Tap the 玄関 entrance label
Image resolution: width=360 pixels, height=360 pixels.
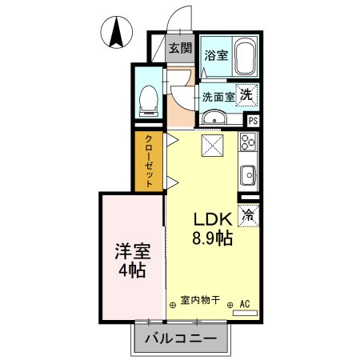[x=180, y=48]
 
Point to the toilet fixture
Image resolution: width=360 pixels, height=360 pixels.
[x=146, y=97]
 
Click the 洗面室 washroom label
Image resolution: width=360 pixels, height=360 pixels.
[x=218, y=97]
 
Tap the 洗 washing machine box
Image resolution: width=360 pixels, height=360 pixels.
[x=249, y=93]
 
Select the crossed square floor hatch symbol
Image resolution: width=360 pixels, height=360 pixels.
[x=213, y=146]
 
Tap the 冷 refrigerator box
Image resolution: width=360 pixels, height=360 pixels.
[x=249, y=214]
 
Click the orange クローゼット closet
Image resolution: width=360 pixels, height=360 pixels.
[x=148, y=161]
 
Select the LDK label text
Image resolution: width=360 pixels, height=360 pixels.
[x=211, y=218]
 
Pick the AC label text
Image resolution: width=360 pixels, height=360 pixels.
[x=246, y=303]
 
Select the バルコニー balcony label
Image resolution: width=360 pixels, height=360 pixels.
[x=182, y=338]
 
